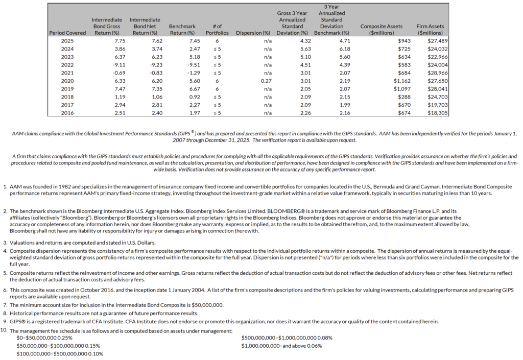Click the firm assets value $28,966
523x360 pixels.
pos(437,73)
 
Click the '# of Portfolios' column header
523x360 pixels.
pos(216,30)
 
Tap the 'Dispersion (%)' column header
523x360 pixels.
pos(253,33)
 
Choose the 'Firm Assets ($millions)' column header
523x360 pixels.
pos(430,30)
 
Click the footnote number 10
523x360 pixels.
pos(5,330)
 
